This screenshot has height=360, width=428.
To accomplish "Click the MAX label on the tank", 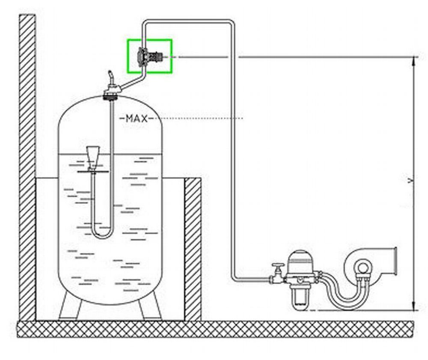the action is pyautogui.click(x=137, y=119).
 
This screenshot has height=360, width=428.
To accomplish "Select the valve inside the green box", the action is pyautogui.click(x=150, y=57).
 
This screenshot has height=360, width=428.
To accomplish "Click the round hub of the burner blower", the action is pyautogui.click(x=363, y=268).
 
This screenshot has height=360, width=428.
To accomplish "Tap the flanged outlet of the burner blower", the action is pyautogui.click(x=395, y=262).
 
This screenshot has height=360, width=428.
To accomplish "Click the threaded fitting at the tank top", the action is pyautogui.click(x=110, y=96).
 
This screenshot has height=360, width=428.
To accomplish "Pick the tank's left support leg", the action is pyautogui.click(x=70, y=306).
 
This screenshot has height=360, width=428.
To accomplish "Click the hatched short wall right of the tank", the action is pyautogui.click(x=193, y=250).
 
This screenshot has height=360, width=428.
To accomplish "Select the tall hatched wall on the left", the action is pyautogui.click(x=27, y=168).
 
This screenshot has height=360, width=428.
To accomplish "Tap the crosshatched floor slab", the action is pyautogui.click(x=216, y=329).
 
